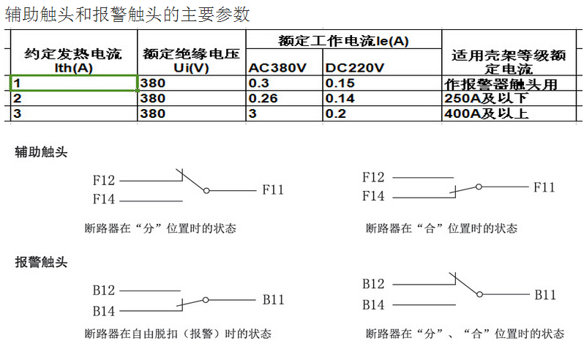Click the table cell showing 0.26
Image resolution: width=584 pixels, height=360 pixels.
coord(284,98)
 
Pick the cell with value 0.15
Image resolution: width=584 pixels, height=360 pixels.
coord(382,83)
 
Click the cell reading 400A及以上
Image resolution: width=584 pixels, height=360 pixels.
coord(509,113)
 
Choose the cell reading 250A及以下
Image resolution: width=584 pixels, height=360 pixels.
coord(509,98)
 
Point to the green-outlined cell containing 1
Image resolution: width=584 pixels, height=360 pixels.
coord(74,83)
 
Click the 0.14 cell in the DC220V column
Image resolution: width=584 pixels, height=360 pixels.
coord(382,98)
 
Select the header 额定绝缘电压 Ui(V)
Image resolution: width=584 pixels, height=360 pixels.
coord(192,61)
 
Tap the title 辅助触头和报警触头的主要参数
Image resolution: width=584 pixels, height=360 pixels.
coord(127,15)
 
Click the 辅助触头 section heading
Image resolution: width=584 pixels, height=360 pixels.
coord(41,152)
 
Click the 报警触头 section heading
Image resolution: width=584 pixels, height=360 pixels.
coord(41,262)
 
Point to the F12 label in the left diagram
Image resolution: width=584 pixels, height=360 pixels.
coord(103,181)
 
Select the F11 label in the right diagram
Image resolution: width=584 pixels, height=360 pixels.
coord(544,187)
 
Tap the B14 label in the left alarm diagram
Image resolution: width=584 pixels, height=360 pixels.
coord(103,311)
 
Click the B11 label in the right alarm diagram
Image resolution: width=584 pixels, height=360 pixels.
coord(545,295)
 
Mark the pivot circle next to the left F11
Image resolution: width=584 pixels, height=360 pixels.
coord(206,191)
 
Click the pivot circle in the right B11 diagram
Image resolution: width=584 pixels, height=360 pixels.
coord(480,294)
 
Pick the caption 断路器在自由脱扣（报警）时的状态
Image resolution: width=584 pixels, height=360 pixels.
coord(178,334)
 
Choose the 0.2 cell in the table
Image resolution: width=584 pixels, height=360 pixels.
coord(382,113)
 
